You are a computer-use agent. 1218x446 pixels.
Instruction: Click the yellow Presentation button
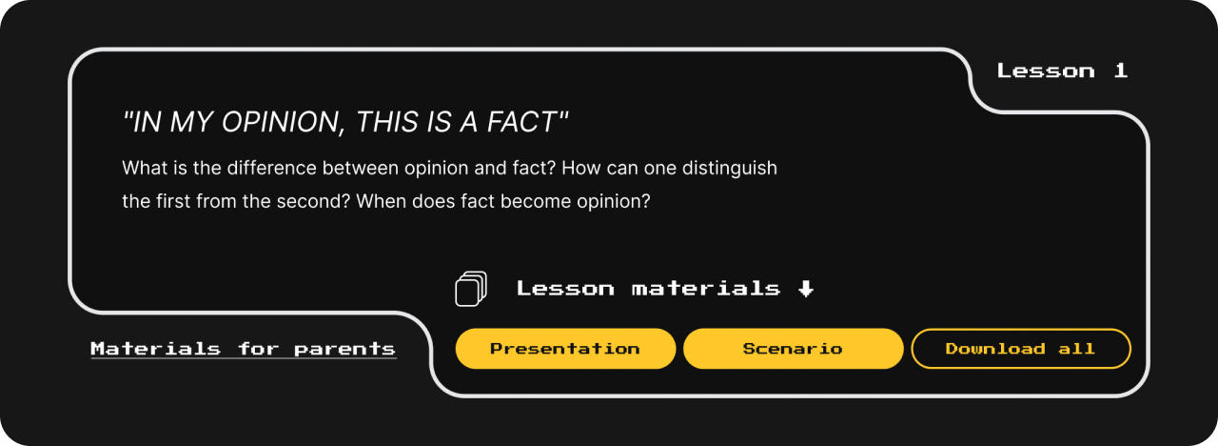(565, 349)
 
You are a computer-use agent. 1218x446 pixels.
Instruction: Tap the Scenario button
(794, 349)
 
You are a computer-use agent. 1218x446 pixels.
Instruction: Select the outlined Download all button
(1021, 349)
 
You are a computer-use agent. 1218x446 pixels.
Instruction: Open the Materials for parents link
(243, 349)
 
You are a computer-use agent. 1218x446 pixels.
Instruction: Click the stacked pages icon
(471, 289)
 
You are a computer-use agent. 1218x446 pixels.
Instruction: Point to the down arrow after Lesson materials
(806, 289)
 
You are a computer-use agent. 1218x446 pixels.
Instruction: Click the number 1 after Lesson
(1120, 71)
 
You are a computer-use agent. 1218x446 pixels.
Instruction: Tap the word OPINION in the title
(283, 121)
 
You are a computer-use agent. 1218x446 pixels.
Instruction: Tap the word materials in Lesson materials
(706, 288)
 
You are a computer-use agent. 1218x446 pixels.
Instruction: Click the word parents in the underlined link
(344, 349)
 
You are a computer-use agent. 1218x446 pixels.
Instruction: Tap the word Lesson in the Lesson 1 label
(1046, 71)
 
